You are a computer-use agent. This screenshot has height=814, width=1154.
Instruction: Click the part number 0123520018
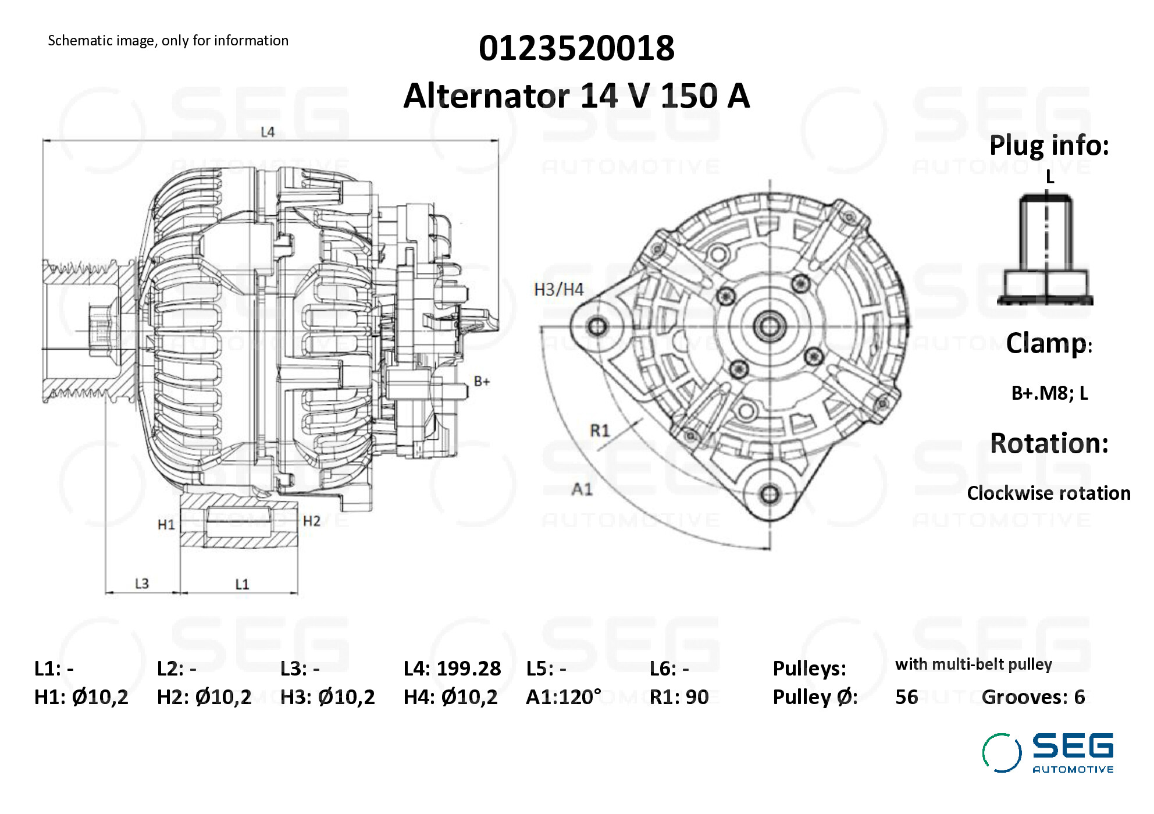(576, 48)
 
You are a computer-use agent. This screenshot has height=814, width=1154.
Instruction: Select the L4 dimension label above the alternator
(267, 132)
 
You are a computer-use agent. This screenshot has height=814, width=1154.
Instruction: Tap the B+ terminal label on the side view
(482, 382)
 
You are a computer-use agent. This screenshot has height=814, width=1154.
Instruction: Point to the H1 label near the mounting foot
(166, 525)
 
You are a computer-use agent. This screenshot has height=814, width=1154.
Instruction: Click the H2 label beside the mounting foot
(312, 521)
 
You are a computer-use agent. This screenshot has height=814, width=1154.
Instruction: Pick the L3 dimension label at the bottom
(142, 584)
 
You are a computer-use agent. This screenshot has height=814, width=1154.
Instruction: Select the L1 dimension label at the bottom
(242, 584)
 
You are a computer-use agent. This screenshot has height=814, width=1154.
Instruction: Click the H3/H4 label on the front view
(558, 290)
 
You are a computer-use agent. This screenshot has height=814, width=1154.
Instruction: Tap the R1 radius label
(600, 431)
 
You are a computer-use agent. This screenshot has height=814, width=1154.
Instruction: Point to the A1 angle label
(582, 489)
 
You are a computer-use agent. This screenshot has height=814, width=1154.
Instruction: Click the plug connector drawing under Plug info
(1046, 250)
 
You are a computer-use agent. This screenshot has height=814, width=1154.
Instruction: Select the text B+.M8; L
(1049, 393)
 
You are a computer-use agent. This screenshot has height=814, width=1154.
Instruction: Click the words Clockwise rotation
(1048, 493)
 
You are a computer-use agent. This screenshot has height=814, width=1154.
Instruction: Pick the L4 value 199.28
(468, 669)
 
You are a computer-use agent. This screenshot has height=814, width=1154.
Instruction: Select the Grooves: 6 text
(1033, 697)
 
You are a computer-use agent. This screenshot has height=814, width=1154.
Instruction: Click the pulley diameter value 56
(906, 697)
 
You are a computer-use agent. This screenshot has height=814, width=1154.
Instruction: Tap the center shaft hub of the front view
(770, 326)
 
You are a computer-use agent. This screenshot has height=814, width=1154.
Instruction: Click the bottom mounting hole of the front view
(770, 495)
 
